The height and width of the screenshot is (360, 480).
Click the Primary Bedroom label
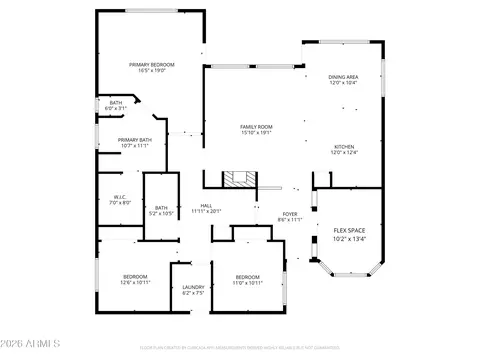pos(152,65)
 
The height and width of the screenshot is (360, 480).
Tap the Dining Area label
pos(344,77)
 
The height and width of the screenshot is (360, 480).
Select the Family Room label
pos(256,127)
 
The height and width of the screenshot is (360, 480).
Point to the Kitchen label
pos(344,147)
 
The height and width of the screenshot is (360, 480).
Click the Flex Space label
pos(349,229)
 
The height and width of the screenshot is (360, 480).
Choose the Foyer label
pos(289,213)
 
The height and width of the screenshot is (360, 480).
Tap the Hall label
pos(204,206)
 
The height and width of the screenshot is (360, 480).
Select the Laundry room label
pos(193,287)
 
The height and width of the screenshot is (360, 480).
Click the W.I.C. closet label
pos(119,197)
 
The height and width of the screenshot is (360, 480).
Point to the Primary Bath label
pos(134,140)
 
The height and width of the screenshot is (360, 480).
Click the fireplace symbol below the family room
pos(237,180)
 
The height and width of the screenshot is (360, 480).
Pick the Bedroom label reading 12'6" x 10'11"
pos(135,276)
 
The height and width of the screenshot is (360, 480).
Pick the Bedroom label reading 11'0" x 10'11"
pos(248,276)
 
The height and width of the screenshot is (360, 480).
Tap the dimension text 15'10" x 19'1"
pos(256,133)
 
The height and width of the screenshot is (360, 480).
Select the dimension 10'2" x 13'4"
pos(349,239)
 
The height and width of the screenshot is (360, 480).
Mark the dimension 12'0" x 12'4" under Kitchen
pos(344,153)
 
